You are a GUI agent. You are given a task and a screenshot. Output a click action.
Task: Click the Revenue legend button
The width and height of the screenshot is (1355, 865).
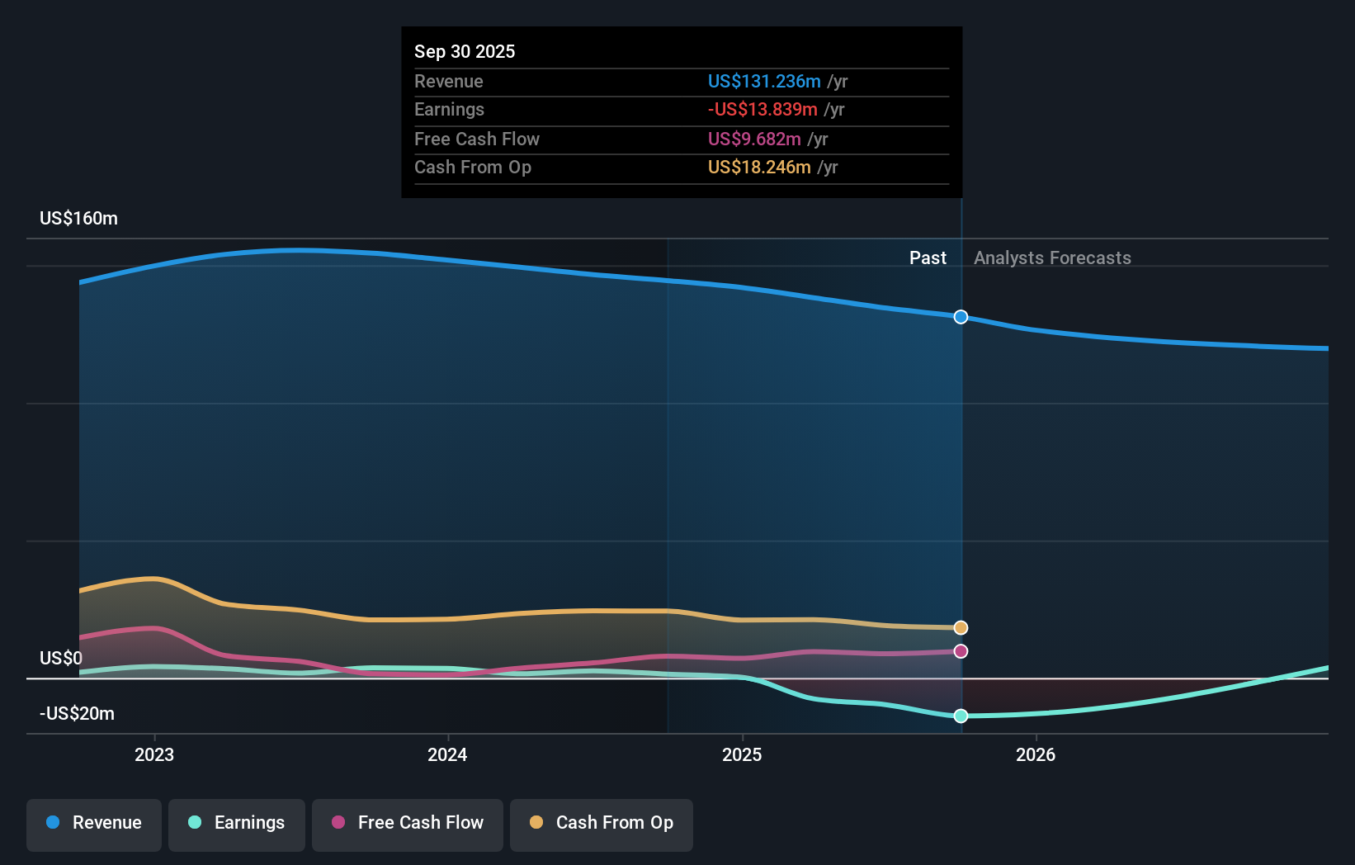(94, 823)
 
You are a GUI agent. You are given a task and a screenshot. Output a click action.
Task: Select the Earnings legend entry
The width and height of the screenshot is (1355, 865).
(237, 823)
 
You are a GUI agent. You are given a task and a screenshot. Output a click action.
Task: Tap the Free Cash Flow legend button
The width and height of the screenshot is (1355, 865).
(408, 823)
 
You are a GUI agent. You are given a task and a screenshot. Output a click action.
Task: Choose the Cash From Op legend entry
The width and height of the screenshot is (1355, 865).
(602, 823)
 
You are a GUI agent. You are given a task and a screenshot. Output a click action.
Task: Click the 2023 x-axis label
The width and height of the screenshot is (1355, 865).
(154, 755)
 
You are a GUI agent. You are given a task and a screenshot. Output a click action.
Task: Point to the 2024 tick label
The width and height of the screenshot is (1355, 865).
(447, 755)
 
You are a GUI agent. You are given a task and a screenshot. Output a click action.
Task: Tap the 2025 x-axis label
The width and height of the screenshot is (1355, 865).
(742, 755)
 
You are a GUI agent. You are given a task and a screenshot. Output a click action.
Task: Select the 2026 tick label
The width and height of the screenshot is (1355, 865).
(1036, 755)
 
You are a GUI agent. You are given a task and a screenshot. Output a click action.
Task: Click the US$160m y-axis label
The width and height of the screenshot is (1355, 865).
(79, 219)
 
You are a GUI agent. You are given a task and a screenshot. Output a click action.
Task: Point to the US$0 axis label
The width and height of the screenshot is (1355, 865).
(61, 659)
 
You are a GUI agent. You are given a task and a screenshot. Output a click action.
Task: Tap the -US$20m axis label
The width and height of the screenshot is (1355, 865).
(78, 714)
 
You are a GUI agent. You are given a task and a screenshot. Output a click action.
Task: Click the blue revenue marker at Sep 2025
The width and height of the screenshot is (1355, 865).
(961, 317)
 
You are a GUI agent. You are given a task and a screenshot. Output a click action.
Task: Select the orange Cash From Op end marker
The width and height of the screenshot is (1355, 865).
(961, 628)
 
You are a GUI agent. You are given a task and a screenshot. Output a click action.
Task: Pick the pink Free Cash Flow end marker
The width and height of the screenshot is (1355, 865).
(961, 651)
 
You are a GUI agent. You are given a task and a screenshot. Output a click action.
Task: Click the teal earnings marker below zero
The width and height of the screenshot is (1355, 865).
(961, 716)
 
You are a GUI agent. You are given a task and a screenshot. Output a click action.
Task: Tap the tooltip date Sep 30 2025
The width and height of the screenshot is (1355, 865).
(465, 51)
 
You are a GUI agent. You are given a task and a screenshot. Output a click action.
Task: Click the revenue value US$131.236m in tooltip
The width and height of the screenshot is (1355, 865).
(764, 82)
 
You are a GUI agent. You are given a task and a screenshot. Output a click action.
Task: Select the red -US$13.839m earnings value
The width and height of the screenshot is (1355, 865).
(762, 110)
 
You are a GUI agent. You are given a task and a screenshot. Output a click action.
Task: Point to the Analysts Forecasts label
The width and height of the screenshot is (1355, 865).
(1052, 258)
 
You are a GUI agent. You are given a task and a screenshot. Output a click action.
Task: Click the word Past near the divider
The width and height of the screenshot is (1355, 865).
(928, 258)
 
